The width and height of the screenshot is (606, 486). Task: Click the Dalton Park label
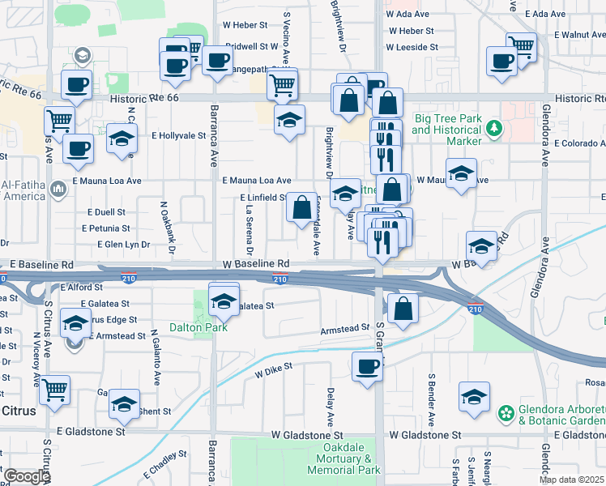195,327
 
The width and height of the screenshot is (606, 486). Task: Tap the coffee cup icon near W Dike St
367,367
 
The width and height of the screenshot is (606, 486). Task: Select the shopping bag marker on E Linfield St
301,207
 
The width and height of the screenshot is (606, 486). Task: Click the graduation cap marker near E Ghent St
124,403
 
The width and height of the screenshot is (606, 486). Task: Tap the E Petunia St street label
106,228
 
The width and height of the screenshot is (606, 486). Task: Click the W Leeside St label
413,47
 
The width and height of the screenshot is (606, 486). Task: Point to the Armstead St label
345,329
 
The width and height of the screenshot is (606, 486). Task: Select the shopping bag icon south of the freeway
403,308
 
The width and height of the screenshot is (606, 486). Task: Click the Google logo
26,476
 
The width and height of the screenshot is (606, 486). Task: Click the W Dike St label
273,373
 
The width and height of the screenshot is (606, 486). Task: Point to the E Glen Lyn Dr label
124,244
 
